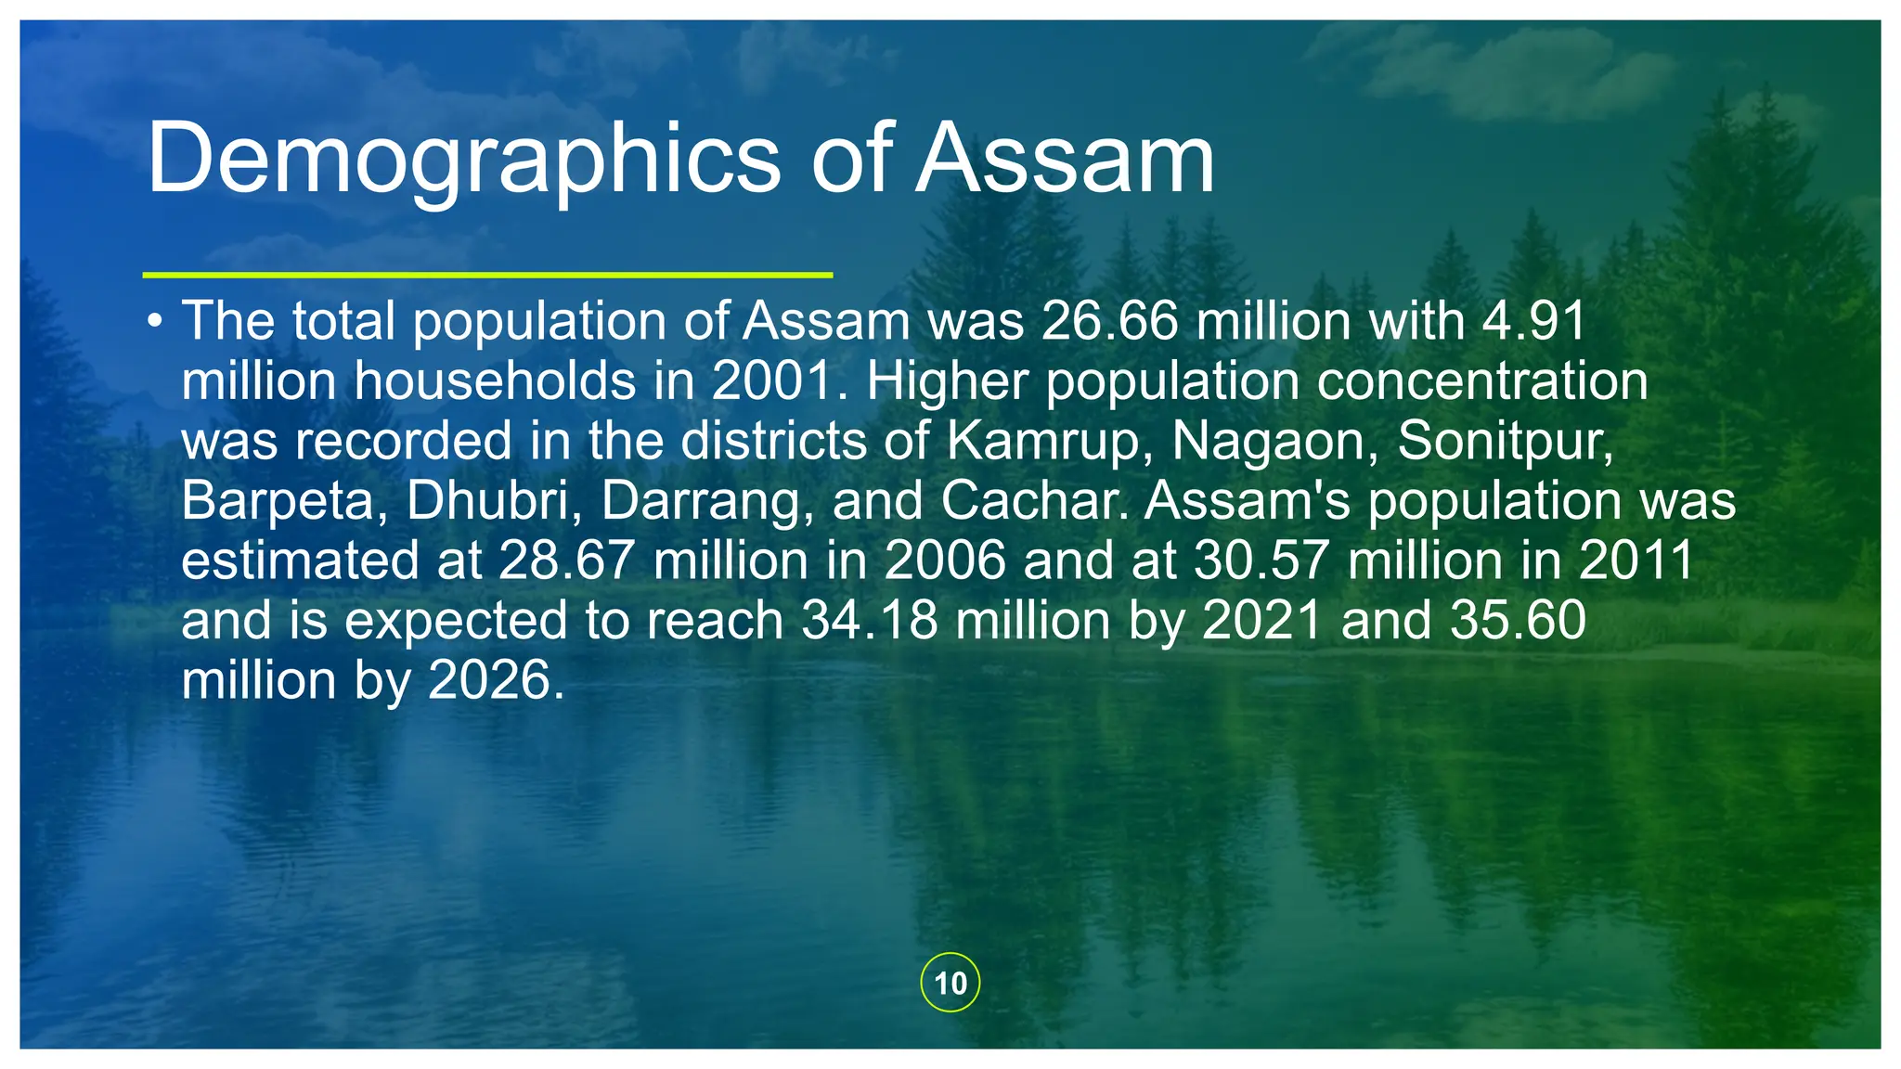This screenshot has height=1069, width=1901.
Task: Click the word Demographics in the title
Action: [x=463, y=160]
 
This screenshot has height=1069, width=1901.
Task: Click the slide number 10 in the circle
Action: [x=950, y=983]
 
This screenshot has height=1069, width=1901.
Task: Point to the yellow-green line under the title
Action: [x=487, y=275]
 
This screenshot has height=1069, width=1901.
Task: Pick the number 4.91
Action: [x=1533, y=321]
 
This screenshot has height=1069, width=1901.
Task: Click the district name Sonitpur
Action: [x=1505, y=441]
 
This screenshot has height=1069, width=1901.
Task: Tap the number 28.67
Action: [x=566, y=561]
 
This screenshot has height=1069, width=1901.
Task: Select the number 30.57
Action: [x=1261, y=561]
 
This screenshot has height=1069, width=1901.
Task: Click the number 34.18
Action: [x=870, y=621]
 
